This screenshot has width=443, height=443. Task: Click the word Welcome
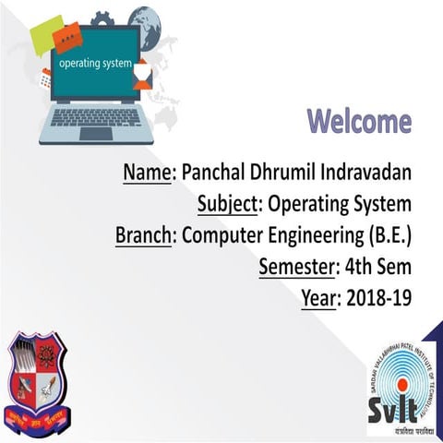[x=359, y=121]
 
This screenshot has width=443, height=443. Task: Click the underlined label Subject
[x=231, y=204]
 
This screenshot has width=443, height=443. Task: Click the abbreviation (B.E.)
[x=388, y=235]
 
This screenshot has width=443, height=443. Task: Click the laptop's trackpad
[x=96, y=134]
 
